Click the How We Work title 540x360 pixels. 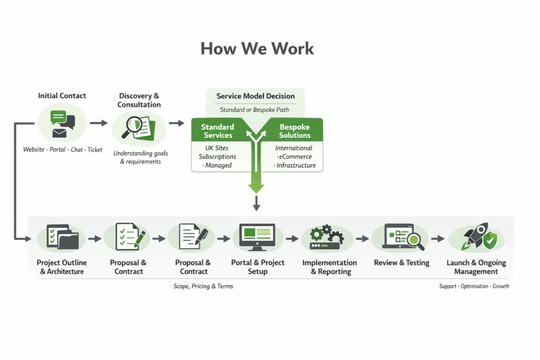point(257,48)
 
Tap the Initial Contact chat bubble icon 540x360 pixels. point(62,123)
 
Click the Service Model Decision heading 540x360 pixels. point(255,96)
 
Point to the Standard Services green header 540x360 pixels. point(217,131)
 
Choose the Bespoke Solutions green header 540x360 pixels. point(295,131)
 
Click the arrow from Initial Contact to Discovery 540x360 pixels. point(99,123)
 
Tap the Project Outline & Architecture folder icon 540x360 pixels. point(61,238)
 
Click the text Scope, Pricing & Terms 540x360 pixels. point(203,286)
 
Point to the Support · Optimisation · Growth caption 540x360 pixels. point(474,286)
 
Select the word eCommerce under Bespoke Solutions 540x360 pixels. point(294,157)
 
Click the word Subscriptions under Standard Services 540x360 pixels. point(217,157)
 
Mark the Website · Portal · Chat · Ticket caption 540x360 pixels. point(63,150)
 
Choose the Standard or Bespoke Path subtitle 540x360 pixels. point(254,110)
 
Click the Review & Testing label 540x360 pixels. point(401,262)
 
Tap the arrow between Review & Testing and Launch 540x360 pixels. point(438,238)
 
